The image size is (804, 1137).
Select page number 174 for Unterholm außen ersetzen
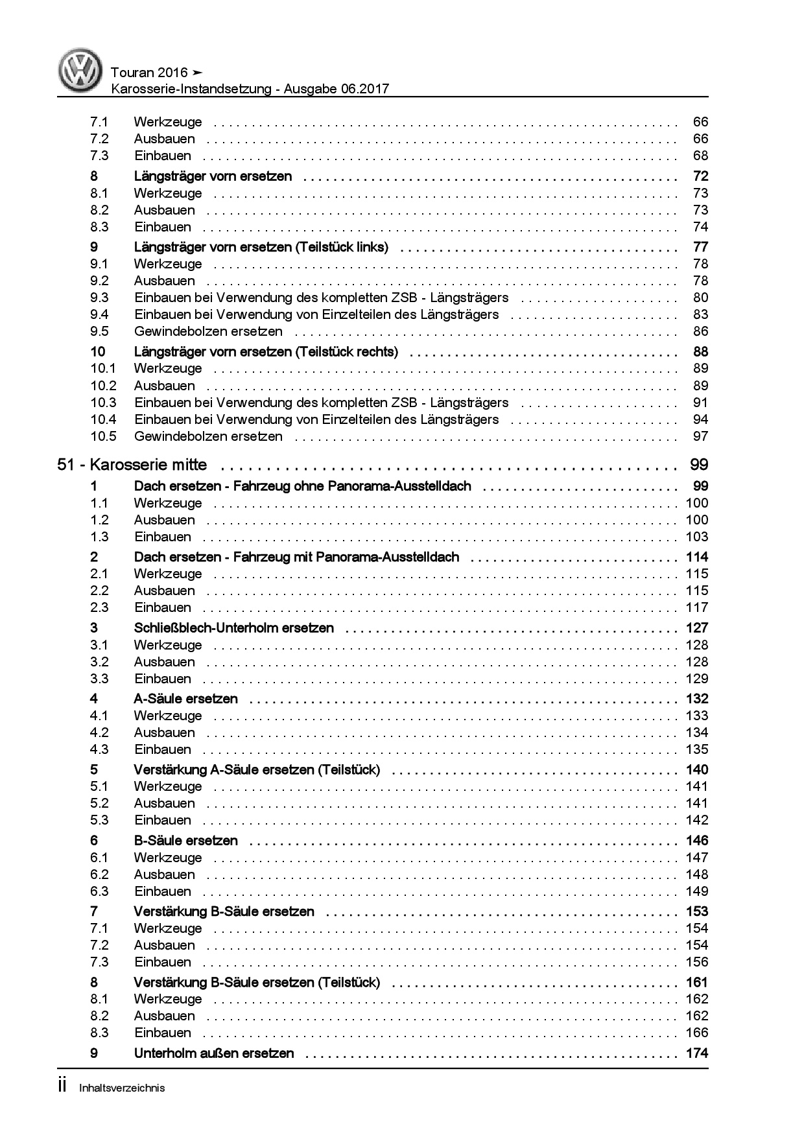pyautogui.click(x=697, y=1053)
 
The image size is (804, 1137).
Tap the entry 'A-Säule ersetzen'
pyautogui.click(x=185, y=699)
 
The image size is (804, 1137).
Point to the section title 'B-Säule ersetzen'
pyautogui.click(x=185, y=841)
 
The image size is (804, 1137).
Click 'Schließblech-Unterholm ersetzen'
pyautogui.click(x=233, y=627)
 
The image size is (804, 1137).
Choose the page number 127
pyautogui.click(x=697, y=627)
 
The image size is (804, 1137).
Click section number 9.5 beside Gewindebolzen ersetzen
pyautogui.click(x=100, y=331)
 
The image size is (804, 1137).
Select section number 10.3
pyautogui.click(x=103, y=403)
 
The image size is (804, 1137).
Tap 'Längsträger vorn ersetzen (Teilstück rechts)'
pyautogui.click(x=266, y=352)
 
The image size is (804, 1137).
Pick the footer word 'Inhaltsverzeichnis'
pyautogui.click(x=122, y=1088)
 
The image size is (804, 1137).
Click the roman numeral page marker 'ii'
pyautogui.click(x=62, y=1086)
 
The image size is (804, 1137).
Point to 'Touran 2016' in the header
pyautogui.click(x=149, y=73)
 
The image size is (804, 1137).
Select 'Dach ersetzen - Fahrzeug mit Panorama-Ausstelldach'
pyautogui.click(x=296, y=557)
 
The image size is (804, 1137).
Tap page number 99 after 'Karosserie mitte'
pyautogui.click(x=699, y=465)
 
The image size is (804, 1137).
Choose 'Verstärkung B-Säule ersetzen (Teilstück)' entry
pyautogui.click(x=257, y=982)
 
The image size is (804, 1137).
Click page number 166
pyautogui.click(x=697, y=1033)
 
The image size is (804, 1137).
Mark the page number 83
pyautogui.click(x=700, y=314)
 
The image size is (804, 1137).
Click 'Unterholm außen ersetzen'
pyautogui.click(x=214, y=1053)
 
